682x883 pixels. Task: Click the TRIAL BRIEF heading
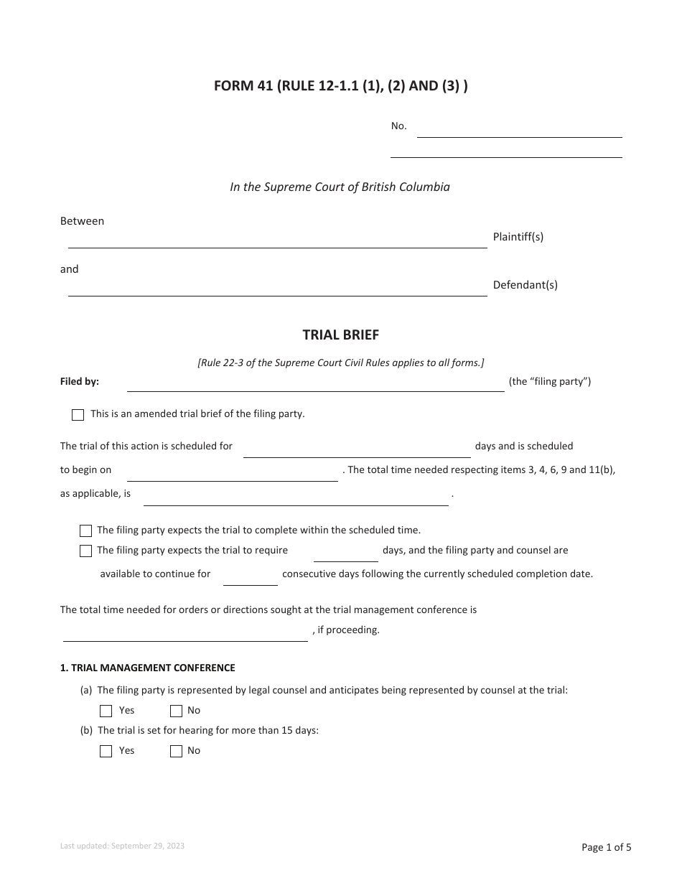(340, 335)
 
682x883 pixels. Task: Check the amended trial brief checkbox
(78, 415)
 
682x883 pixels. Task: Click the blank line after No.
(519, 130)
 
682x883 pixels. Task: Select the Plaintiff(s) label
(518, 237)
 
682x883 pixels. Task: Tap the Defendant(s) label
(525, 285)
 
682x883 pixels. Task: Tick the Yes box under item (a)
(106, 711)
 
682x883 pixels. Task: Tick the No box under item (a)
(177, 711)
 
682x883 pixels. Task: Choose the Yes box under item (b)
(106, 752)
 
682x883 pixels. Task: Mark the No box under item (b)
(177, 752)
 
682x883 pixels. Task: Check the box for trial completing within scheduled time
(86, 531)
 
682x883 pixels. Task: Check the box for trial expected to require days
(86, 551)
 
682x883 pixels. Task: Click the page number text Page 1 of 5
(606, 847)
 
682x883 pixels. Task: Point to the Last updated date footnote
(122, 846)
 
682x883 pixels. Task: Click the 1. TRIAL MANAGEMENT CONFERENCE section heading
(147, 668)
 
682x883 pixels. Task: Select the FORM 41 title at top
(340, 87)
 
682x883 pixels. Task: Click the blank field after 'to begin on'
(232, 473)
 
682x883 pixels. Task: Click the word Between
(82, 221)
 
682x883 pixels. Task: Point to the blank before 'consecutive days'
(250, 577)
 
